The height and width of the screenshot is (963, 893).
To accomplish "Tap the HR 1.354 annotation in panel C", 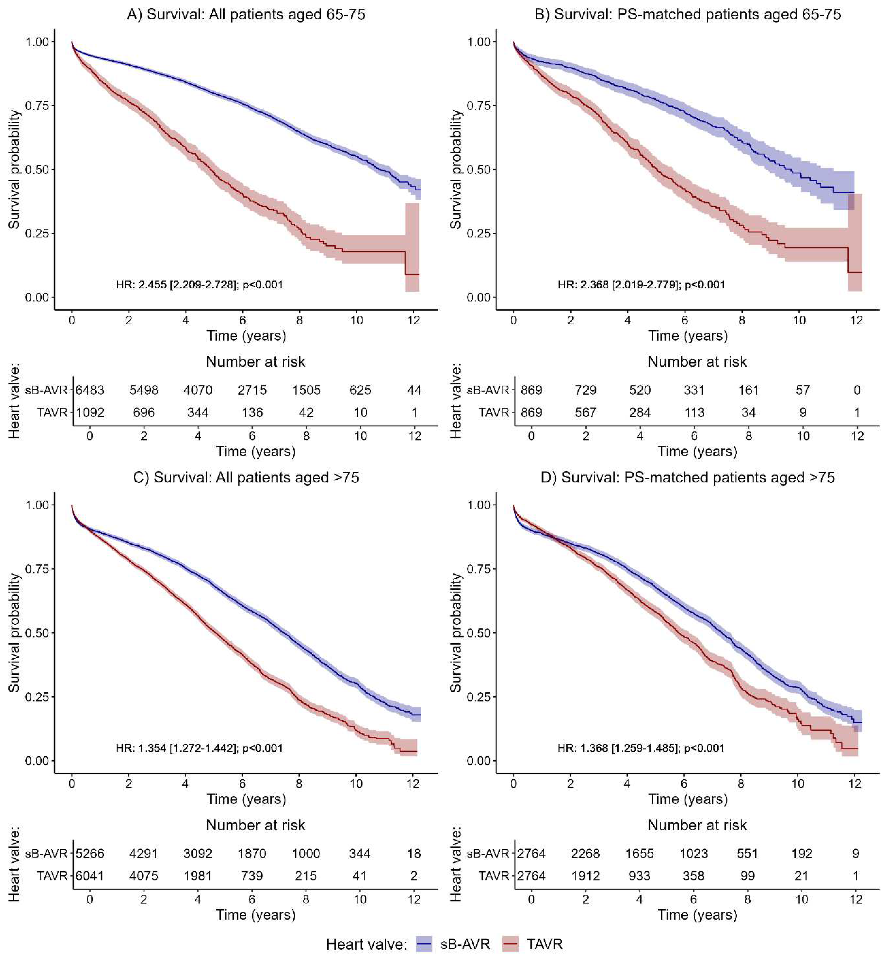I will click(x=199, y=748).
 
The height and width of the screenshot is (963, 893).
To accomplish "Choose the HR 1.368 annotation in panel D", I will click(x=641, y=748).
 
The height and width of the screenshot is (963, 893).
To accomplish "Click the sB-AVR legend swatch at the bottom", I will click(x=424, y=944).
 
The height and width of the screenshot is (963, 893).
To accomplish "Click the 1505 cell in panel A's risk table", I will click(x=306, y=390).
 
